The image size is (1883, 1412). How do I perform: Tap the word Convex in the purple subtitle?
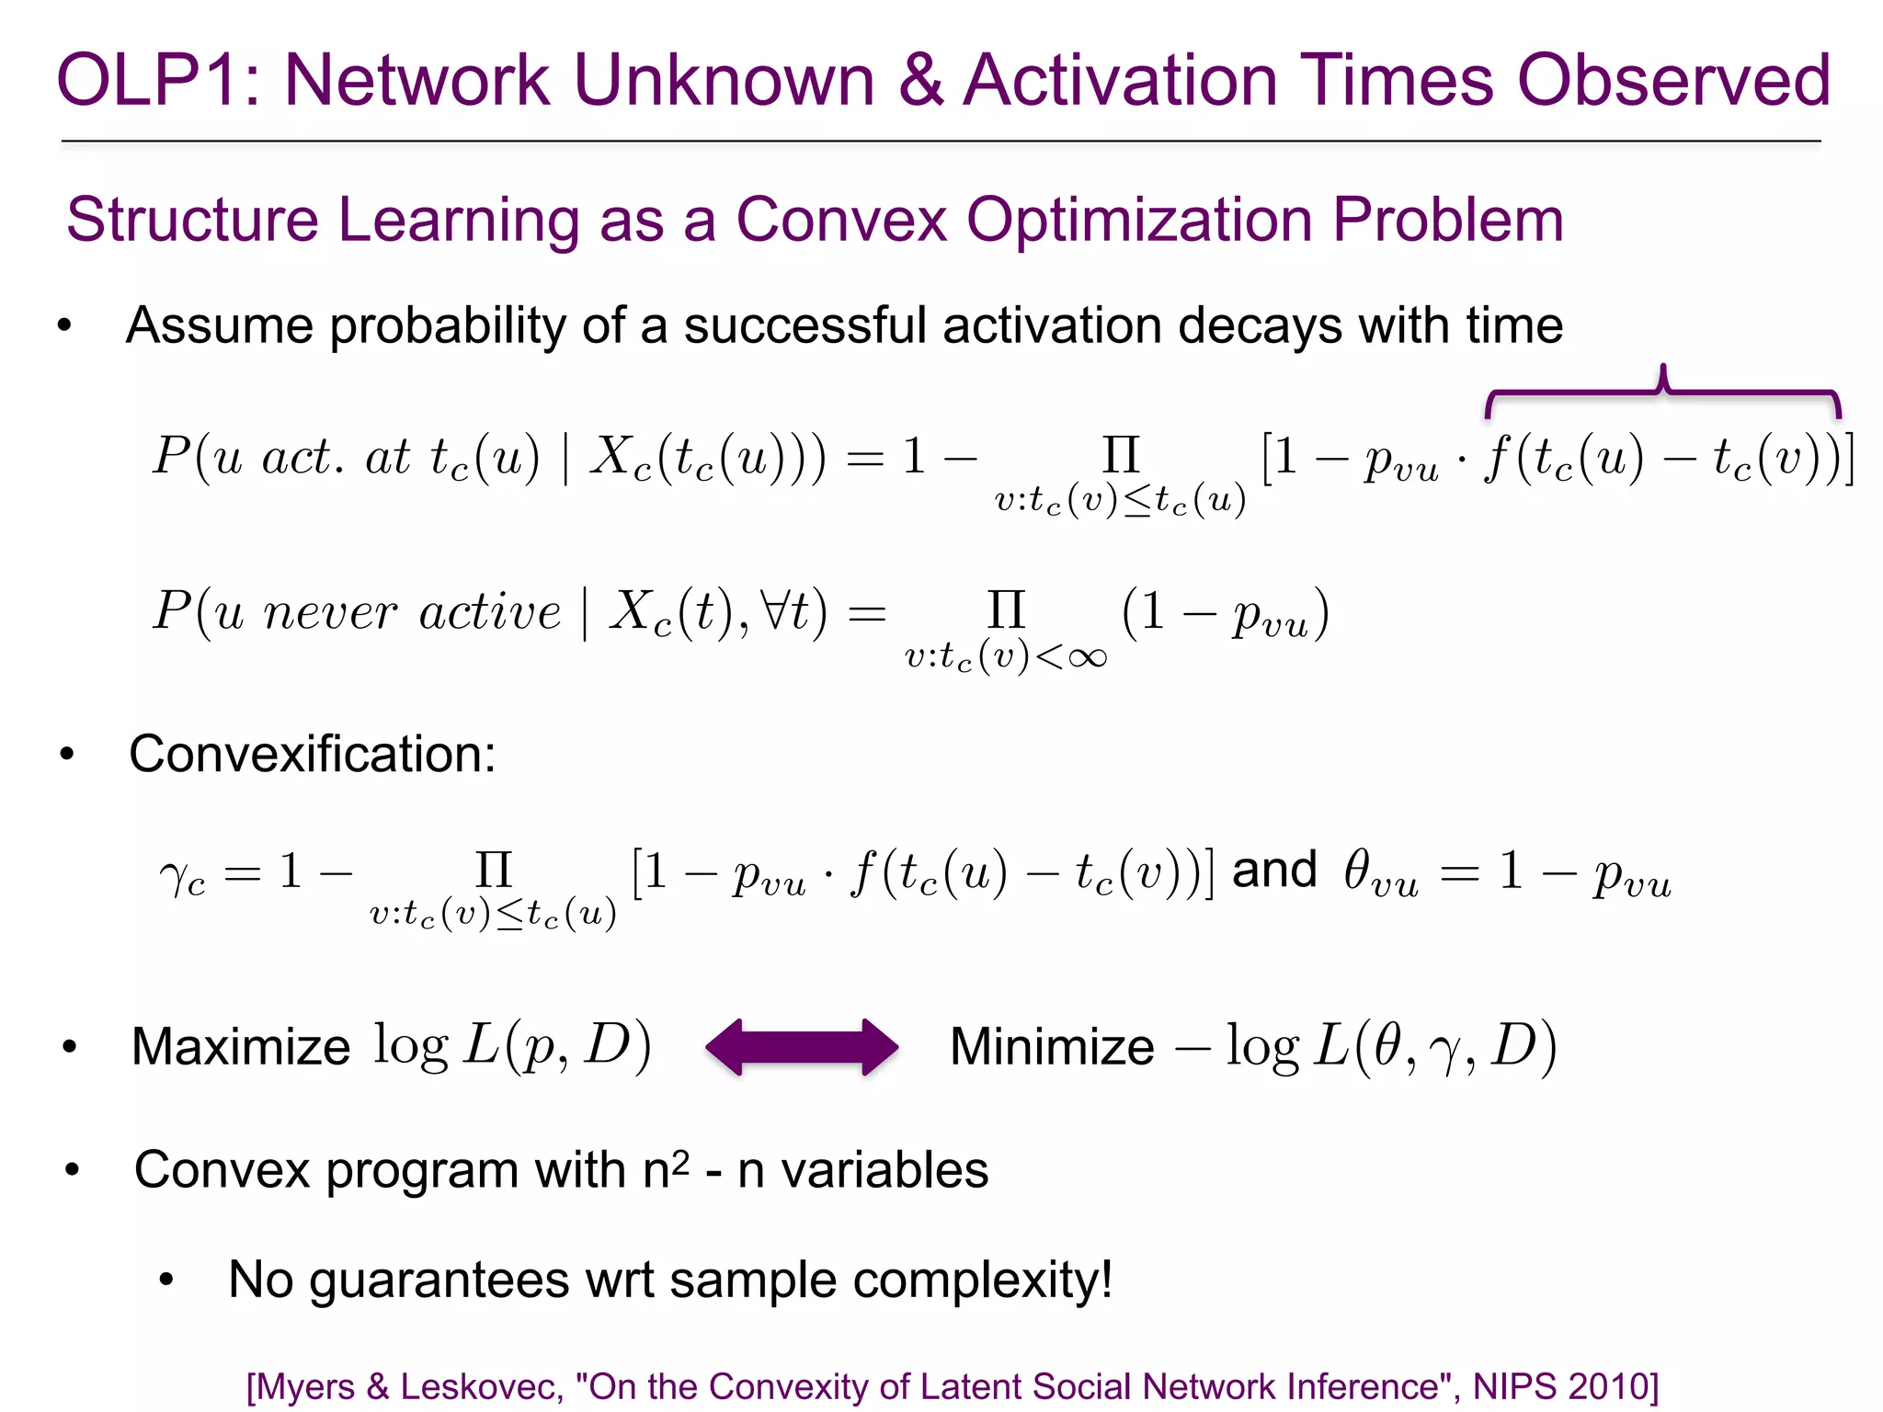[x=840, y=221]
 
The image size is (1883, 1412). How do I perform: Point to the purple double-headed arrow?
[x=802, y=1046]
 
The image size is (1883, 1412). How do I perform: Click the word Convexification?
[x=313, y=754]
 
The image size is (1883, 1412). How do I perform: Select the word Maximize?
[x=241, y=1046]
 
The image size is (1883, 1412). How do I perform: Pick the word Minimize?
[x=1052, y=1046]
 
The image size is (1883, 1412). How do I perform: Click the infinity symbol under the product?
[x=1087, y=657]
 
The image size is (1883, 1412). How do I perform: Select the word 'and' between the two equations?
[x=1274, y=870]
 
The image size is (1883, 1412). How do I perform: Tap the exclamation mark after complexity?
[x=1106, y=1279]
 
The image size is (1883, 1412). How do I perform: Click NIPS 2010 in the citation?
[x=1565, y=1386]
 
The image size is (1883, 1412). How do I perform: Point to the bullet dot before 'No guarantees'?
[x=166, y=1280]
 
